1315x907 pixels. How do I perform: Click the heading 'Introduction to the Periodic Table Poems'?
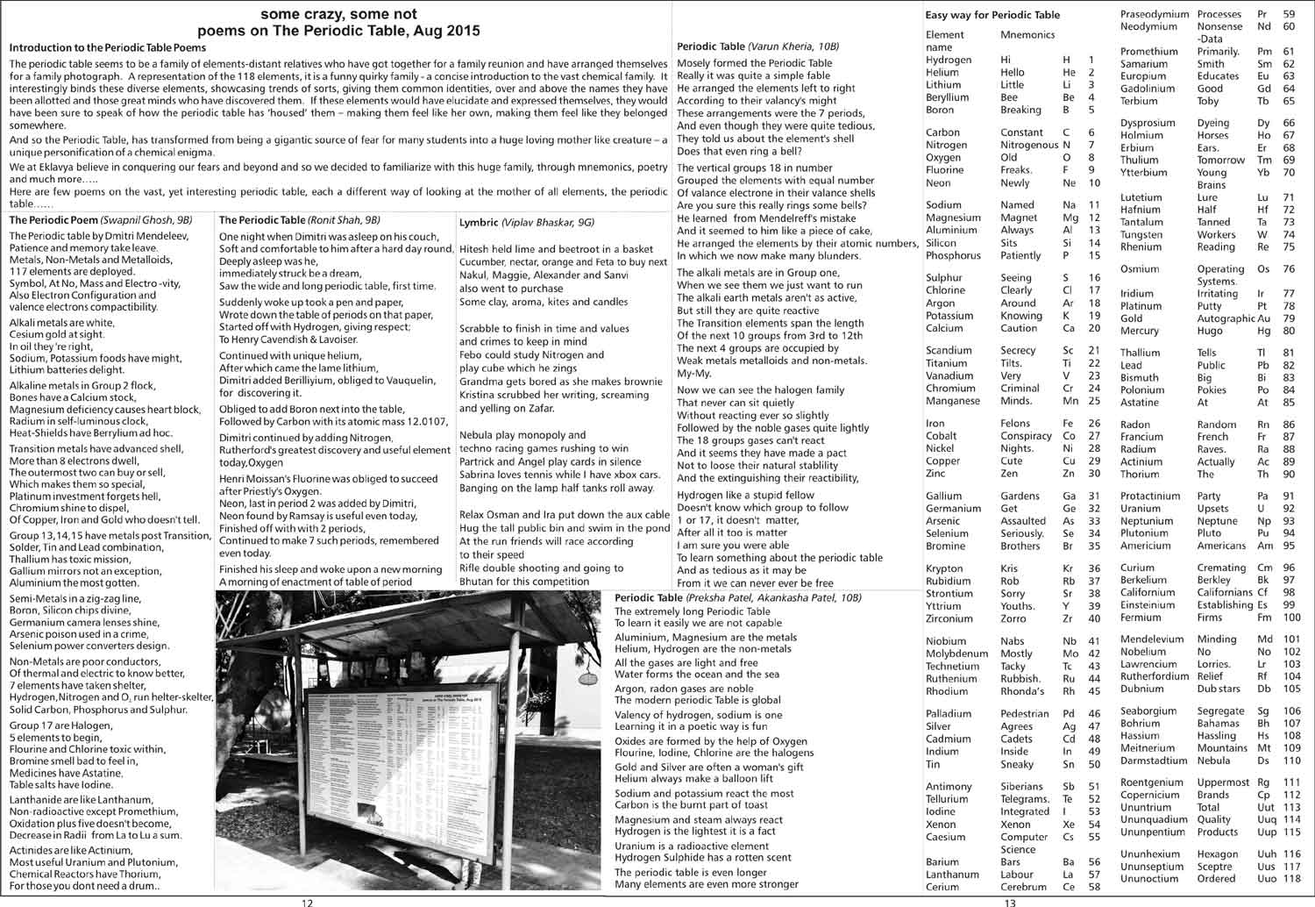[x=107, y=47]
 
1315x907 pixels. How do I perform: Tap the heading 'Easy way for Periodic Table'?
[x=992, y=15]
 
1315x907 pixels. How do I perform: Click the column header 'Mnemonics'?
[x=1027, y=35]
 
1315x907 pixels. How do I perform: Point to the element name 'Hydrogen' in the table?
[x=949, y=60]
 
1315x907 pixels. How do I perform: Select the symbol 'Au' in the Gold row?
[x=1263, y=318]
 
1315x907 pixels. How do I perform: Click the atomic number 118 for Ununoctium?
[x=1291, y=879]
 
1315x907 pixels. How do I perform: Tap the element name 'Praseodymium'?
[x=1155, y=14]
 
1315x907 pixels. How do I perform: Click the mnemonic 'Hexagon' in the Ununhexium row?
[x=1218, y=854]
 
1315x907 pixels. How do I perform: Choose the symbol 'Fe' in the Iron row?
[x=1070, y=424]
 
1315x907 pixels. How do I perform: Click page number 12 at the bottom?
[x=306, y=902]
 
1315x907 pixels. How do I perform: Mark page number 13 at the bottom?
[x=1010, y=902]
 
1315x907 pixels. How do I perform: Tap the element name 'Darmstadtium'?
[x=1154, y=761]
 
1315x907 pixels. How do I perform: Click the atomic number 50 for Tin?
[x=1093, y=764]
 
